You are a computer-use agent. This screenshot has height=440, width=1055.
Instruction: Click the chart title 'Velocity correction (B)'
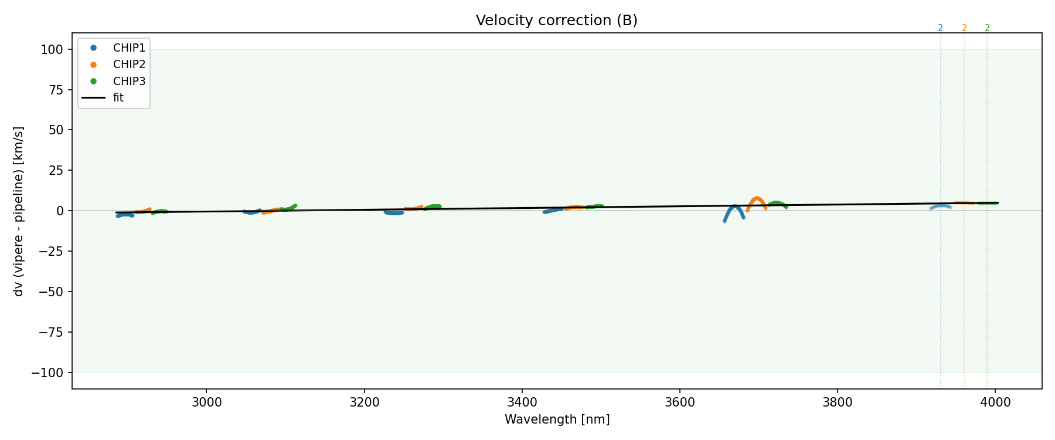tap(556, 21)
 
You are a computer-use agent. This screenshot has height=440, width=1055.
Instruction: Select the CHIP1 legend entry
tap(129, 48)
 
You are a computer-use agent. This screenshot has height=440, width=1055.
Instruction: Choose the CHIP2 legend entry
tap(129, 65)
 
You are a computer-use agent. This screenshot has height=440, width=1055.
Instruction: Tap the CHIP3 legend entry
tap(129, 81)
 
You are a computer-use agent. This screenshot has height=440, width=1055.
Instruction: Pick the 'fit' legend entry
tap(118, 98)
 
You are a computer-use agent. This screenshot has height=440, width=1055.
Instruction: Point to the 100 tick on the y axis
tap(52, 50)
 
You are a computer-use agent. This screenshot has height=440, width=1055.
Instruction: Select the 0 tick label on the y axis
tap(59, 211)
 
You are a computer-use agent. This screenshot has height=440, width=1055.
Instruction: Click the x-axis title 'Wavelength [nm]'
tap(557, 419)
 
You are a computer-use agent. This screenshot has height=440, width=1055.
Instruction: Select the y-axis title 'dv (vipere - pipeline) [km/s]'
tap(19, 211)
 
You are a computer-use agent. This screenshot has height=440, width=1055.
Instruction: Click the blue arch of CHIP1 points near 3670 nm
tap(735, 207)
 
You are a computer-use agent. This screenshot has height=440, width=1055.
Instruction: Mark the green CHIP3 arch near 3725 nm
tap(777, 203)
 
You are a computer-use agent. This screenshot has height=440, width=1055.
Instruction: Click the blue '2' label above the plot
tap(940, 28)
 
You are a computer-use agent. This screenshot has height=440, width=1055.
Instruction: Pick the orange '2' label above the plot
tap(964, 28)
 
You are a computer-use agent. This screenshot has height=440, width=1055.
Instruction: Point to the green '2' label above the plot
tap(987, 28)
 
